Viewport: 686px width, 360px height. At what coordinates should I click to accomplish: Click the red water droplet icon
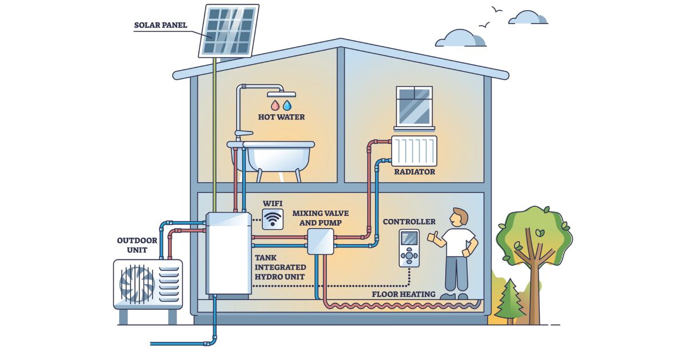(x=274, y=106)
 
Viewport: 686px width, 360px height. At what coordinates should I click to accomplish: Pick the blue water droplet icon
(x=287, y=106)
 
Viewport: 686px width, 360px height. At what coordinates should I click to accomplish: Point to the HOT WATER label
(x=281, y=117)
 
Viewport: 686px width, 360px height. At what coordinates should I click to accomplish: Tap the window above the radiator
(x=414, y=106)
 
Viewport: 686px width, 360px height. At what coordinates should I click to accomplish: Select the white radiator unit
(x=414, y=150)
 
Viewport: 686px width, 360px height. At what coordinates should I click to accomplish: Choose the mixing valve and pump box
(x=320, y=241)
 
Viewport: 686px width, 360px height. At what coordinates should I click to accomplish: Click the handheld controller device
(x=409, y=248)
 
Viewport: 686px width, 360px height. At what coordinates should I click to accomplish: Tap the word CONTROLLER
(x=409, y=222)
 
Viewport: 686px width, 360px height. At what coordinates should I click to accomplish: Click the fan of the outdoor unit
(x=137, y=284)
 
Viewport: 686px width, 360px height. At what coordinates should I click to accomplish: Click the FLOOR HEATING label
(x=403, y=294)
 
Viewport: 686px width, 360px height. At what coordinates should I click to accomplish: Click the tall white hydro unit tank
(x=228, y=253)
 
